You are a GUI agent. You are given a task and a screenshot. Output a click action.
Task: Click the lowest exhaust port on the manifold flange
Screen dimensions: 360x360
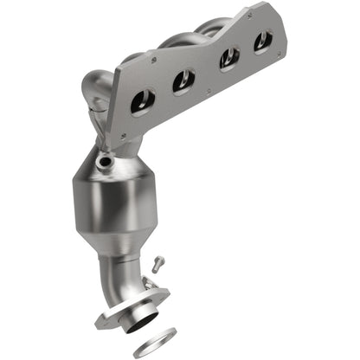[142, 103]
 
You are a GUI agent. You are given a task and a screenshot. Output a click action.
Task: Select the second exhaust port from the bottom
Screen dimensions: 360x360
[183, 80]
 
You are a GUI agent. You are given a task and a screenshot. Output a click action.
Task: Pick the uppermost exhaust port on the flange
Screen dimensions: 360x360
[263, 40]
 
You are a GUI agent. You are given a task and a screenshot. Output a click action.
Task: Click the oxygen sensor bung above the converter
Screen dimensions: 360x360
[105, 161]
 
